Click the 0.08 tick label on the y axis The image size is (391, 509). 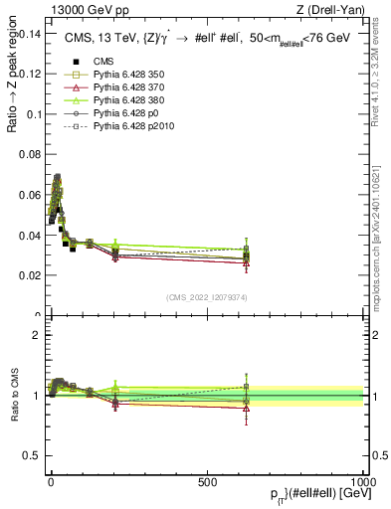pyautogui.click(x=30, y=155)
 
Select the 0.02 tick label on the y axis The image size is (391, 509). pyautogui.click(x=30, y=276)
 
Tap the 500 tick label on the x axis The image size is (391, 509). pyautogui.click(x=208, y=480)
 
